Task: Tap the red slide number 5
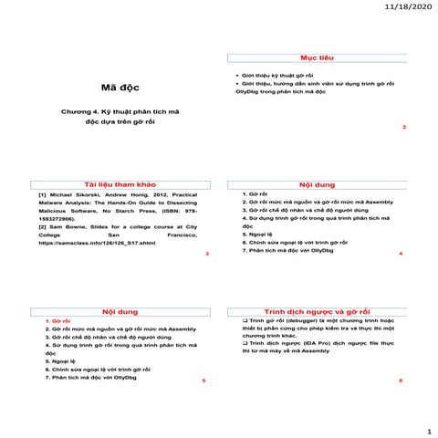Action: click(x=203, y=379)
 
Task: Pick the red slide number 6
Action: click(x=401, y=379)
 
